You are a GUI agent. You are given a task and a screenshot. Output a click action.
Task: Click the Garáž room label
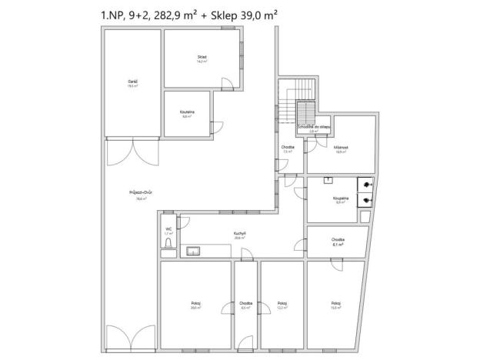coord(132,83)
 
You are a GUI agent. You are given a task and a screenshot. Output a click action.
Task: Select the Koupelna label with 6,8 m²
coord(187,114)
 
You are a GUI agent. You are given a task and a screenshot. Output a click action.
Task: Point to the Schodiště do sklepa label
coord(313,128)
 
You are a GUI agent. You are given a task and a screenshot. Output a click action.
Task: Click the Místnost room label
coord(340,149)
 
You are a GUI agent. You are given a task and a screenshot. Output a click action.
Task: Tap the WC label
coord(168,230)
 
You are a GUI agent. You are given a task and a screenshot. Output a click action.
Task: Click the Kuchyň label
coord(240,235)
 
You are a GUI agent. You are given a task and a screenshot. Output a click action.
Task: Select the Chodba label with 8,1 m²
coord(338,242)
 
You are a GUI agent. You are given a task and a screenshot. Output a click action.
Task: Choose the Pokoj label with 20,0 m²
coord(196,305)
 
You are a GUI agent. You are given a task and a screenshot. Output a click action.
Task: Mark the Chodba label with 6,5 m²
coord(245,305)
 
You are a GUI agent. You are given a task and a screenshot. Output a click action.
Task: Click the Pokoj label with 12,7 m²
coord(282,305)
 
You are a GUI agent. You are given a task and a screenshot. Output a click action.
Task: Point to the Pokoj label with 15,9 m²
coord(334,305)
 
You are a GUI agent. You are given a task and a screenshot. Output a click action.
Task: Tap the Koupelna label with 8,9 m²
coord(342,199)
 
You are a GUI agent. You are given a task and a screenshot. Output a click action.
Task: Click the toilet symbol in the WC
coord(168,245)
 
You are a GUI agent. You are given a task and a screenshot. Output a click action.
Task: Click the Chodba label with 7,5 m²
coord(288,149)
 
